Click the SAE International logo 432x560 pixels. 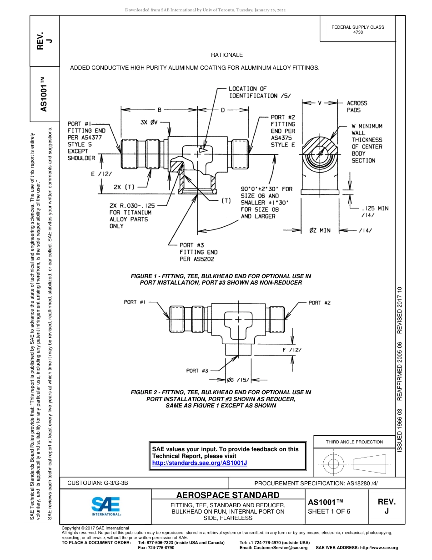[x=105, y=505]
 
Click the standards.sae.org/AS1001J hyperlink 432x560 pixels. [x=199, y=463]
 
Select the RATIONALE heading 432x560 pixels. [x=227, y=55]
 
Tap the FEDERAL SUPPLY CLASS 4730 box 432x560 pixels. [x=357, y=30]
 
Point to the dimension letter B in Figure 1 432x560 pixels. [x=160, y=110]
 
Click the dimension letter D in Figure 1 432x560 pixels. [x=223, y=110]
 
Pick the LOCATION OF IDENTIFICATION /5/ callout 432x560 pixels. [x=259, y=92]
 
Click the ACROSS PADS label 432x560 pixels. [x=357, y=107]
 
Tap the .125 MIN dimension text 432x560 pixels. [x=375, y=211]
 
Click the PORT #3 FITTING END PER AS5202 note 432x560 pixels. [x=198, y=252]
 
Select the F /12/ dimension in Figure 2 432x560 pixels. [x=292, y=350]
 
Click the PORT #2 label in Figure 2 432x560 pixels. [x=319, y=303]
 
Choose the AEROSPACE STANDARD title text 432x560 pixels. [x=227, y=495]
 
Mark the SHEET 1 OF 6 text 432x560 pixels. [x=329, y=511]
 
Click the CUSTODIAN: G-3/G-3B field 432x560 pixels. [x=101, y=483]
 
